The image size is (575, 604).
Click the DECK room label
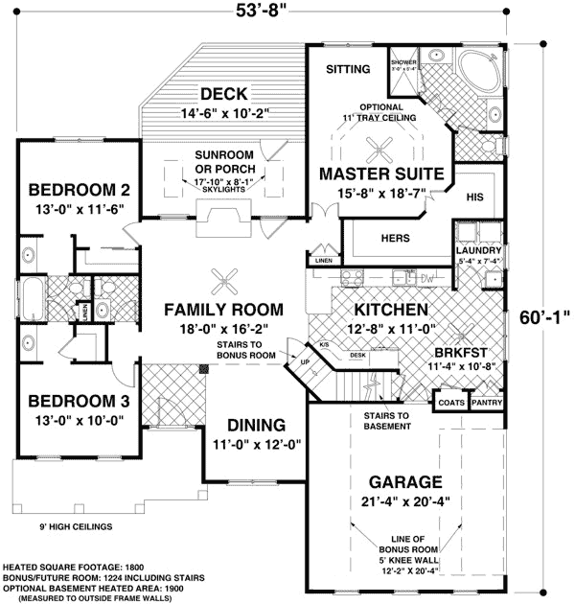(225, 94)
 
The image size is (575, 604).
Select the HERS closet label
(394, 238)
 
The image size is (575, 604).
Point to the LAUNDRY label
(479, 250)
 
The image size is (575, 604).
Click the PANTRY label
(488, 403)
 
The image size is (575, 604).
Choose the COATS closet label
(451, 403)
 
